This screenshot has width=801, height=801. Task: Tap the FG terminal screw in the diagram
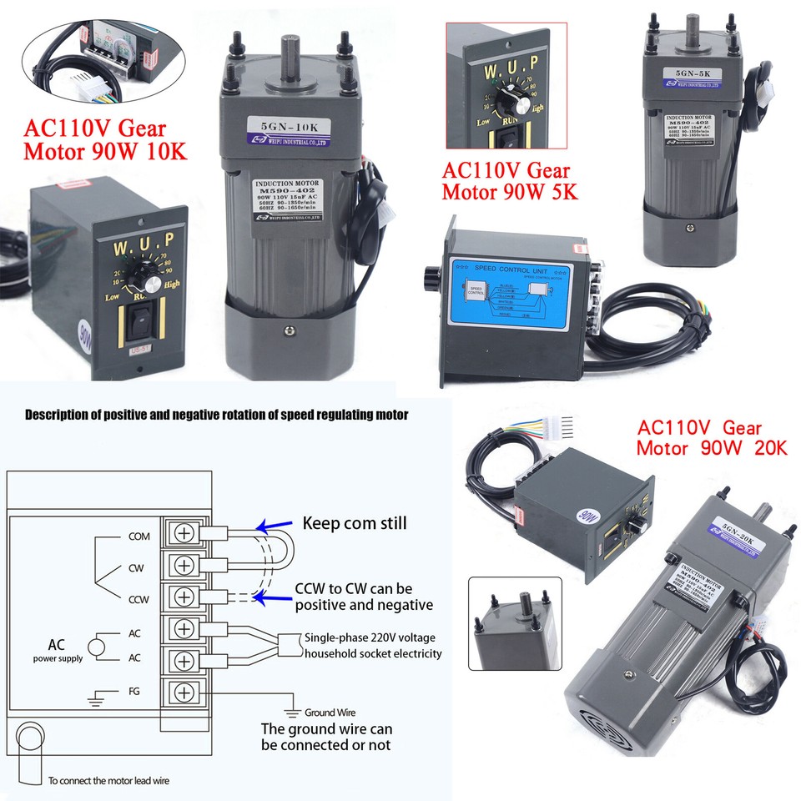185,693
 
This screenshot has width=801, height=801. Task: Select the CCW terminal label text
139,600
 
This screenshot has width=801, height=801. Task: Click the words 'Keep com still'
355,524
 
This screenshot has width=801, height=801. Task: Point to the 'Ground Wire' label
330,713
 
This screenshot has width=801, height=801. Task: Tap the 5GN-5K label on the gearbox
688,73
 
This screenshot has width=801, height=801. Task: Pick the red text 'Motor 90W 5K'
511,192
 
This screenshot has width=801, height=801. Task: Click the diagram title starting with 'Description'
216,415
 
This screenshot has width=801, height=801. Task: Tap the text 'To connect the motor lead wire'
108,781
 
